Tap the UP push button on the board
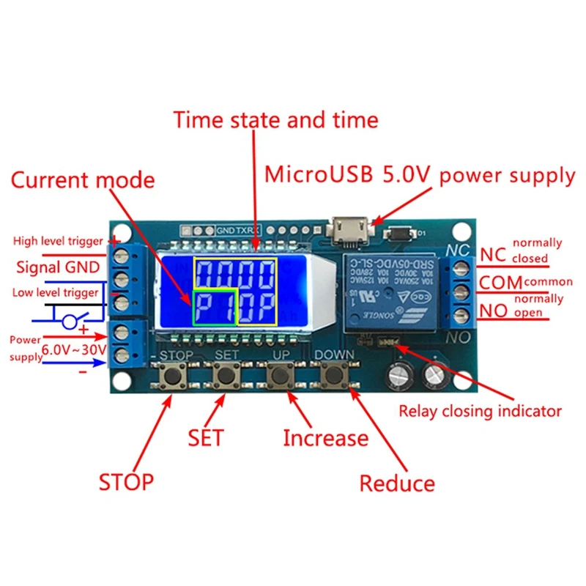pos(279,377)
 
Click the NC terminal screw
pos(460,260)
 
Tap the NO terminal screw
pos(460,315)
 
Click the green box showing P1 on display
pos(215,306)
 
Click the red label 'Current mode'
pos(82,180)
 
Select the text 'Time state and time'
pos(275,119)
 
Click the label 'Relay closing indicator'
pos(480,410)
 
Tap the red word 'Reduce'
pos(397,483)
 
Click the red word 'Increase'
pos(325,438)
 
